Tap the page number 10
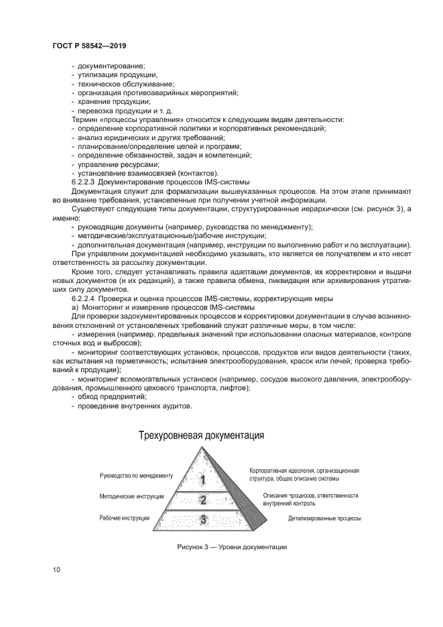point(56,570)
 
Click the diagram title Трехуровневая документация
point(201,435)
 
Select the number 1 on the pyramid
point(203,479)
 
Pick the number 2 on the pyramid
point(203,500)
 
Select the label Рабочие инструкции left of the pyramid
point(125,518)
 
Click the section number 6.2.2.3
point(84,182)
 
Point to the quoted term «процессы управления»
point(131,119)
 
